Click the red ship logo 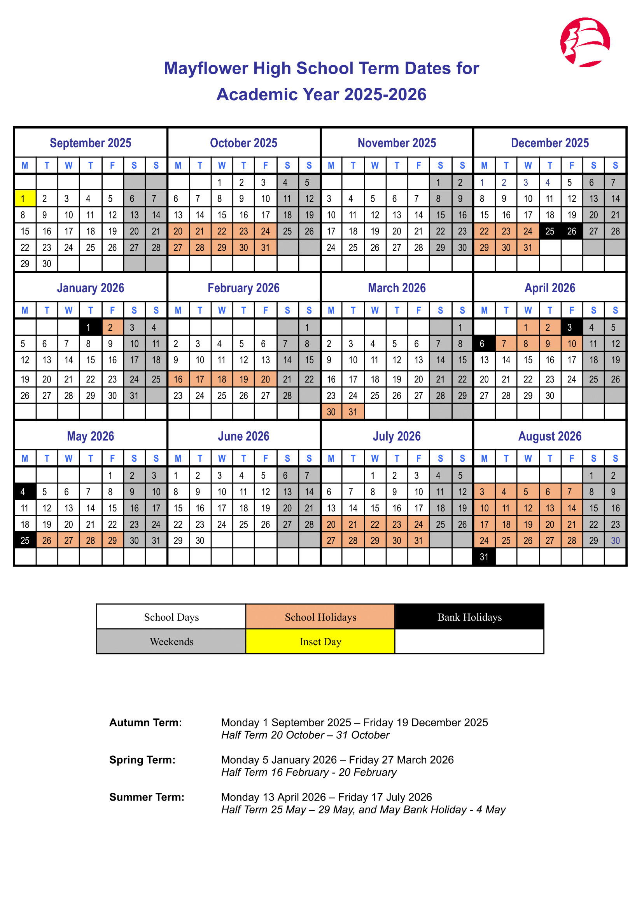point(585,42)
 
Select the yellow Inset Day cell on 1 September point(25,199)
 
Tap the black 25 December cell point(549,231)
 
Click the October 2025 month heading point(243,143)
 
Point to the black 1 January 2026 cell point(90,327)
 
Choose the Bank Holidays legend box point(469,617)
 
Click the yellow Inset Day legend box point(320,642)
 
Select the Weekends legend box point(171,642)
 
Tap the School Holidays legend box point(320,617)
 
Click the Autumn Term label point(145,722)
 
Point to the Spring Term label point(142,760)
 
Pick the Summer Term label point(147,797)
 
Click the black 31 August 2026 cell point(484,557)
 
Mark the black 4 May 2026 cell point(25,492)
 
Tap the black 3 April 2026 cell point(571,327)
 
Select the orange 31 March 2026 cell point(353,412)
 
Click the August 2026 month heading point(549,436)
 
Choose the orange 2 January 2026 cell point(112,327)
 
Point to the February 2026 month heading point(243,288)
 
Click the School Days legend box point(171,617)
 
